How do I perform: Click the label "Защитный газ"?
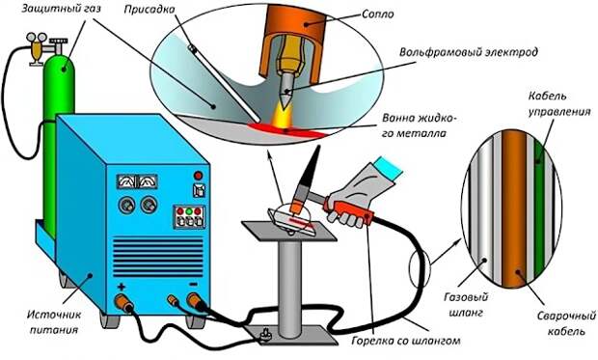pos(61,9)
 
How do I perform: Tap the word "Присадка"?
pos(149,9)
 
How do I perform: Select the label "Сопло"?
pos(377,14)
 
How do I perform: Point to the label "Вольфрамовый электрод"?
pos(469,51)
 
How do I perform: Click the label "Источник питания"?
pos(54,321)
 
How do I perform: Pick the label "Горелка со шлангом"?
pos(405,340)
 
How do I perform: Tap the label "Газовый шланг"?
pos(466,305)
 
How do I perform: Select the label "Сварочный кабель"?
pos(566,323)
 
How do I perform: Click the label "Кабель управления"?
pos(558,103)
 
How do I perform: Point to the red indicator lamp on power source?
pos(198,176)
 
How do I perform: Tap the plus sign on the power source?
pos(122,287)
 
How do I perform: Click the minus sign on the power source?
pos(193,285)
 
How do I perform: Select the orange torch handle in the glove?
pos(348,208)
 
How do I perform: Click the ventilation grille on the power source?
pos(158,257)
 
